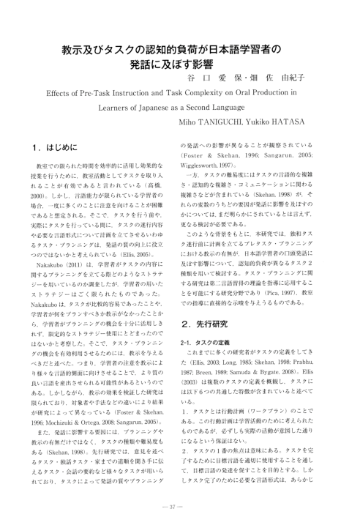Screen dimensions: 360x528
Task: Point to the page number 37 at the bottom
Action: click(x=180, y=507)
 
